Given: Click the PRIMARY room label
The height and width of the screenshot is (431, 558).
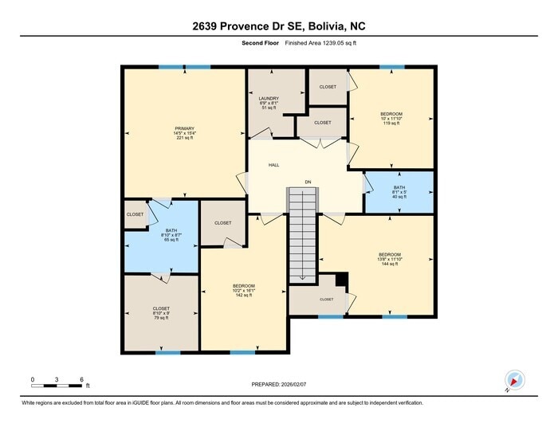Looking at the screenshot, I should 185,128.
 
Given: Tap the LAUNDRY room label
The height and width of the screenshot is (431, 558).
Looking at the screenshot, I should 269,97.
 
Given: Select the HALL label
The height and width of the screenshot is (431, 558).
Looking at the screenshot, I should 273,165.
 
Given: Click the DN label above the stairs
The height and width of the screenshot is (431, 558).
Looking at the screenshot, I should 308,182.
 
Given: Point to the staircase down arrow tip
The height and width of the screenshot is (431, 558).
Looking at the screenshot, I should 303,279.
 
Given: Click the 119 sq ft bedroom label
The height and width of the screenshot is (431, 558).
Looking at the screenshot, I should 391,114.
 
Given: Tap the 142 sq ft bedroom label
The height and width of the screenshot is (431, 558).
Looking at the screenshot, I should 243,285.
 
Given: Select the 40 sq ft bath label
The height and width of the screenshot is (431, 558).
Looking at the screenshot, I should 399,187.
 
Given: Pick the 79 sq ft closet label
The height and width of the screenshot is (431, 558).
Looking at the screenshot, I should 161,308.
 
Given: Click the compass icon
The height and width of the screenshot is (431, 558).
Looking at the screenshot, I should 513,382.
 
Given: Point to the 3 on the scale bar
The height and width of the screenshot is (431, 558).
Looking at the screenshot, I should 57,378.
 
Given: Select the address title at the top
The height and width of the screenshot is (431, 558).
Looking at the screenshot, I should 278,25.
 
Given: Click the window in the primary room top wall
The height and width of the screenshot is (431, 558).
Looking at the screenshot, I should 184,68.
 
